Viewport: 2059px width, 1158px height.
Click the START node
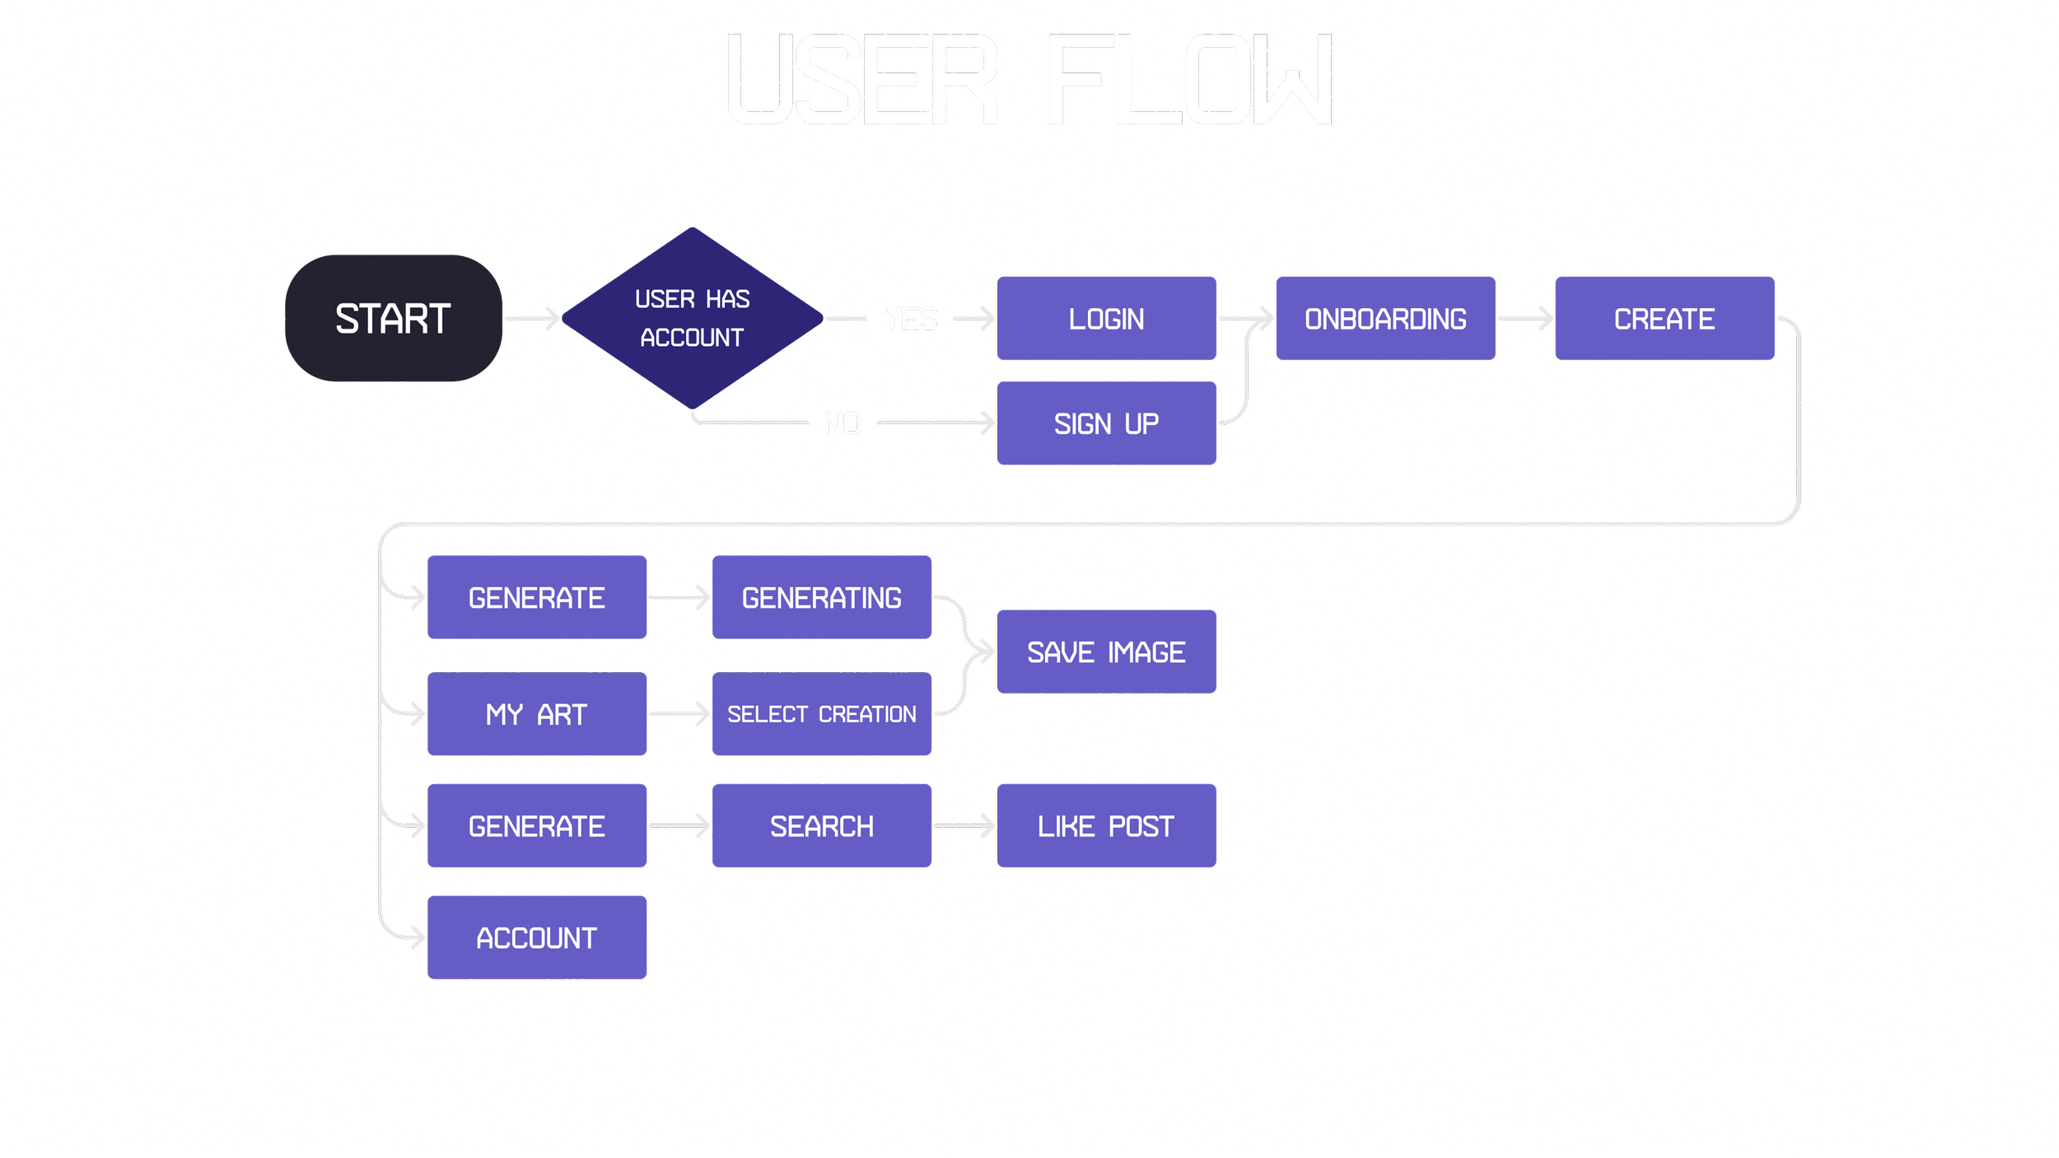tap(394, 318)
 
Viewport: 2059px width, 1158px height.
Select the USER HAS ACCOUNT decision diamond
tap(692, 318)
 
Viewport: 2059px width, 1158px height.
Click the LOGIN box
tap(1106, 319)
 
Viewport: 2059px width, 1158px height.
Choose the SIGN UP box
tap(1106, 423)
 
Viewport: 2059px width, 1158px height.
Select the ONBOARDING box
tap(1385, 319)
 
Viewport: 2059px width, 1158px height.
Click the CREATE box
tap(1664, 319)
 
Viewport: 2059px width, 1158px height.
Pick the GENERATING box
tap(821, 597)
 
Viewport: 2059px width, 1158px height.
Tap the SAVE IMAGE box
tap(1106, 651)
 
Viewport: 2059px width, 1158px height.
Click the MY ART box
tap(537, 714)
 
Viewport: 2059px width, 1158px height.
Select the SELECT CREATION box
tap(821, 714)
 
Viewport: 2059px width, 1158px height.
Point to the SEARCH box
tap(821, 826)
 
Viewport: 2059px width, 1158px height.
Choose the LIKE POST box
tap(1106, 826)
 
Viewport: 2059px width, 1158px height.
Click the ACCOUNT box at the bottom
tap(537, 937)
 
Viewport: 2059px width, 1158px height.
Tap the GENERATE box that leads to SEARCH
tap(537, 826)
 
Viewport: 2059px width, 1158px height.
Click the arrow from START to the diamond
tap(532, 318)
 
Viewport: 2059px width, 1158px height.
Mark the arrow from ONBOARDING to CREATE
tap(1524, 318)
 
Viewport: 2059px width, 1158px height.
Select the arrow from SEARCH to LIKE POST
tap(964, 825)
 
